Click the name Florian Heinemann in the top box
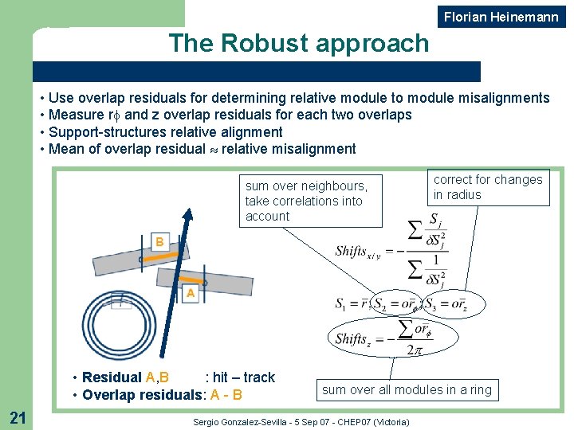coord(501,17)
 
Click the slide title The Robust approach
coord(298,43)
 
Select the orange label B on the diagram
coord(159,241)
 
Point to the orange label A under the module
coord(191,294)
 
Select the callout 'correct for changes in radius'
coord(487,187)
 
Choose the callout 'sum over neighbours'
coord(306,201)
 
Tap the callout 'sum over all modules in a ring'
coord(407,389)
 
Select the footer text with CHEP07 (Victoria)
coord(301,421)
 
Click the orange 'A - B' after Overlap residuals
coord(226,395)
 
